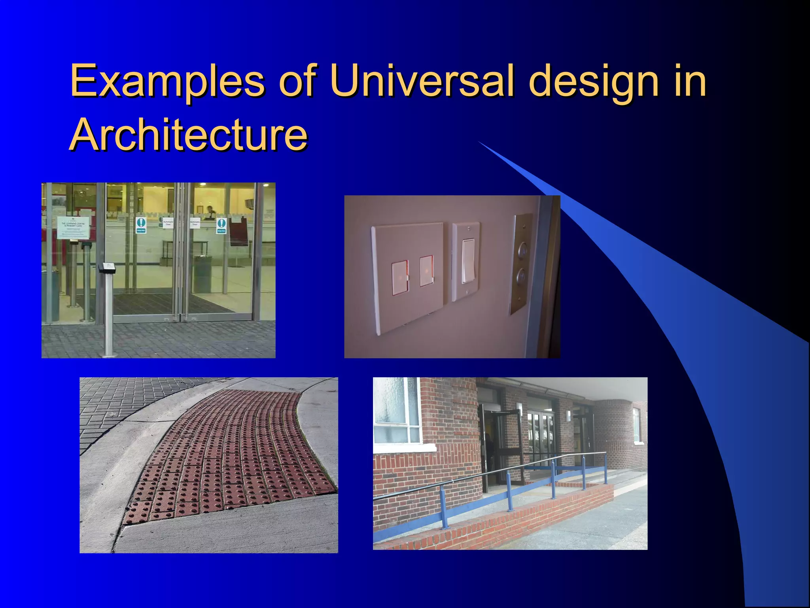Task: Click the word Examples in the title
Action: (167, 81)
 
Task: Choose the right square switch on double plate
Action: (426, 271)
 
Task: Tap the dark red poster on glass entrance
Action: (238, 232)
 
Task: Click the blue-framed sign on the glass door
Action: (141, 224)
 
